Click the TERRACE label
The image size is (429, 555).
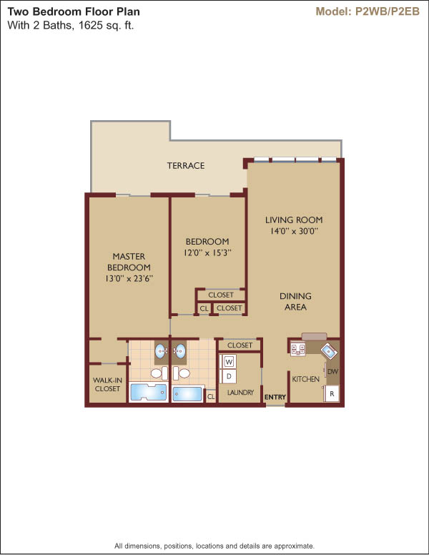click(186, 166)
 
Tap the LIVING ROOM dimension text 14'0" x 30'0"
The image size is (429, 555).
click(294, 231)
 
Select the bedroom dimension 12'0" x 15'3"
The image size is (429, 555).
click(207, 253)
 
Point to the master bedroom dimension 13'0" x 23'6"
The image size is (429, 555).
click(129, 278)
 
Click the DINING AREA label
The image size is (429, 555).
click(295, 302)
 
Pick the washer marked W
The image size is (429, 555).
click(229, 362)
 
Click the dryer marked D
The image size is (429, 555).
click(229, 376)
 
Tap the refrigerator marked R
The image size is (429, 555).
click(332, 393)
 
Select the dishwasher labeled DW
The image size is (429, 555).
click(332, 372)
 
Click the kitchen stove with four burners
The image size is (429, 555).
click(298, 349)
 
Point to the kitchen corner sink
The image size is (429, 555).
click(329, 351)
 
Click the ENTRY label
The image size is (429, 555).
click(275, 398)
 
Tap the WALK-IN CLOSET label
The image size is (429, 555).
click(107, 384)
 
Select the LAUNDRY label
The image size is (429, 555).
click(241, 392)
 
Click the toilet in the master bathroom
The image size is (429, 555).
click(159, 373)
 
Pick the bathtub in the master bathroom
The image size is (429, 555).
click(148, 392)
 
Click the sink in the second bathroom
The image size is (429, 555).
click(180, 350)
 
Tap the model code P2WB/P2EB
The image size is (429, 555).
click(388, 11)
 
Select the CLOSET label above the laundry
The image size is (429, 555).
click(240, 345)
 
